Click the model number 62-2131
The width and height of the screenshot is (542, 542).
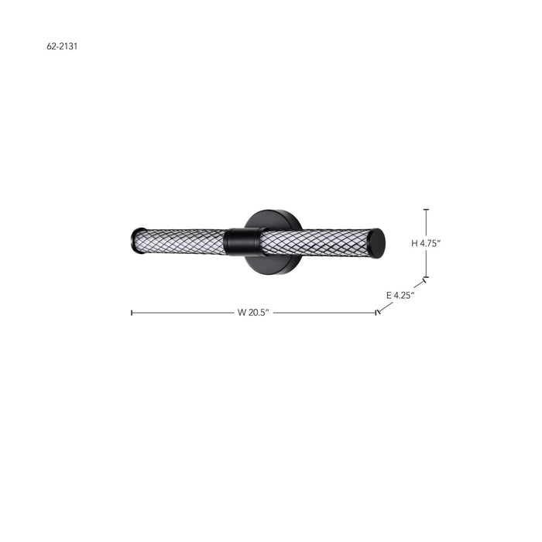(62, 46)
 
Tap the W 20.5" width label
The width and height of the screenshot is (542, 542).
(253, 313)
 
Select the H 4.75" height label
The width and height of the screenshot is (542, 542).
(426, 243)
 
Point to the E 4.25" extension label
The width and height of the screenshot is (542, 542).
(400, 295)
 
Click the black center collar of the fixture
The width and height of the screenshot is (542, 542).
(242, 242)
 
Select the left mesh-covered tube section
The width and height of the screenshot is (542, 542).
(183, 242)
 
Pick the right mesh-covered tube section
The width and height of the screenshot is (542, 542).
(314, 242)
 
